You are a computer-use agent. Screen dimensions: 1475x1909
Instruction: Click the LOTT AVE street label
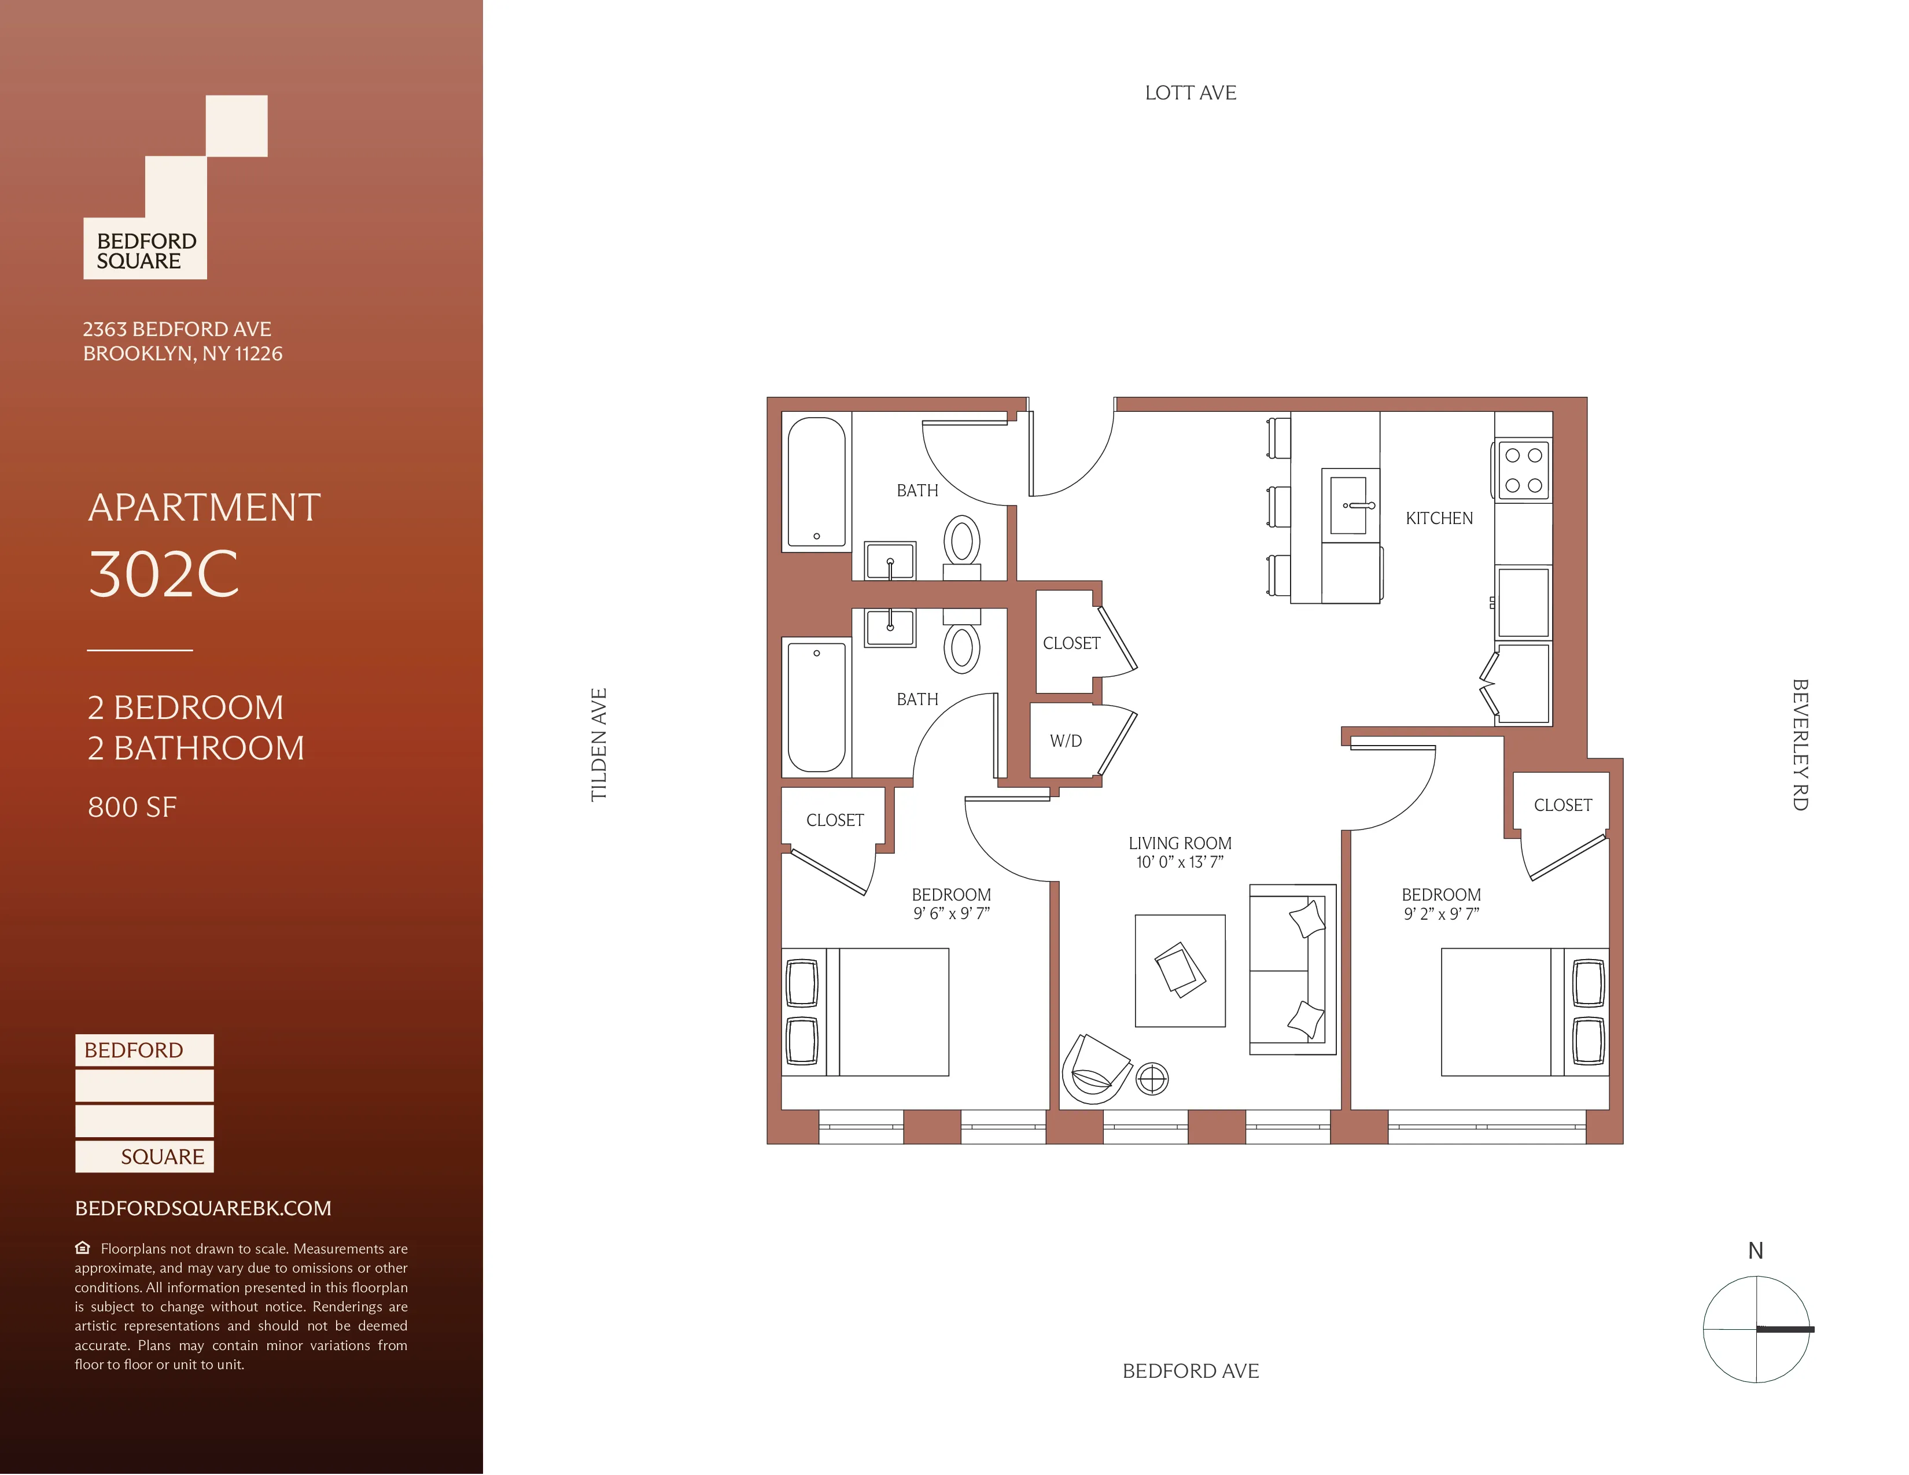point(1191,93)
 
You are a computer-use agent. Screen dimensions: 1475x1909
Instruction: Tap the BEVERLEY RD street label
point(1799,744)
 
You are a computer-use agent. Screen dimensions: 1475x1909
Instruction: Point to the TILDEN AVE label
point(599,744)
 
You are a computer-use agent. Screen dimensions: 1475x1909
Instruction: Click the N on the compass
point(1755,1251)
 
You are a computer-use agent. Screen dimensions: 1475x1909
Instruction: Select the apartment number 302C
point(164,574)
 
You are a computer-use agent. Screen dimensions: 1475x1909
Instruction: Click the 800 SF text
point(132,806)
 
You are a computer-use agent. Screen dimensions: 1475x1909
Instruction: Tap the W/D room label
point(1066,741)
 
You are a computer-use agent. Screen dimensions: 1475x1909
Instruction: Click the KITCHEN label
point(1439,518)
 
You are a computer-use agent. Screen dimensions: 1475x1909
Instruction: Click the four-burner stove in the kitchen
point(1524,470)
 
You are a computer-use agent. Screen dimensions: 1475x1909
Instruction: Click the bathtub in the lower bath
point(816,706)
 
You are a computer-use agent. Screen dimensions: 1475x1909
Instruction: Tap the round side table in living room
point(1152,1079)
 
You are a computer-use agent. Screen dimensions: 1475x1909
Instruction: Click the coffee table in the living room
point(1180,971)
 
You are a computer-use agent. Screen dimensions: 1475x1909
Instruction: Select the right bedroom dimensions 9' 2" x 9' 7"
point(1442,914)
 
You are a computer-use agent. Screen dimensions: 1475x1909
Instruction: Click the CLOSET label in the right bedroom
point(1563,805)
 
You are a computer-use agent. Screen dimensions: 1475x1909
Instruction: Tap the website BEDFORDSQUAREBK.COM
point(203,1208)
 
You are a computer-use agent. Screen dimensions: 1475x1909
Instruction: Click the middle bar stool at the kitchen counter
point(1280,507)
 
